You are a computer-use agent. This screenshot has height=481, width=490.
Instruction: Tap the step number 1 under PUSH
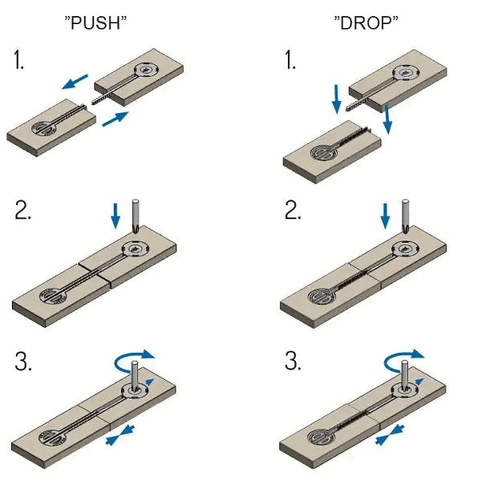[19, 63]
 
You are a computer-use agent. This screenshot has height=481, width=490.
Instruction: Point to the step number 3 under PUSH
[23, 362]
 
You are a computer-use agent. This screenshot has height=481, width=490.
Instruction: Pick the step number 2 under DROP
[294, 211]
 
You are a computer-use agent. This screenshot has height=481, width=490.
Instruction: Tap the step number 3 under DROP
[294, 362]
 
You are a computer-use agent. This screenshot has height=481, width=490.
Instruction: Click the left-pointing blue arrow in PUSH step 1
[76, 83]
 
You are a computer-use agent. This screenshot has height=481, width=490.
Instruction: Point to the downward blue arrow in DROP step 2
[386, 214]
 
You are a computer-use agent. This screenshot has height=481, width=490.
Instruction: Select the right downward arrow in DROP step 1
[387, 119]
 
